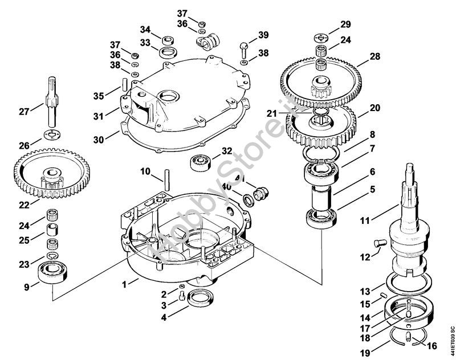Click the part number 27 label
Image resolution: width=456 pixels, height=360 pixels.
click(x=23, y=112)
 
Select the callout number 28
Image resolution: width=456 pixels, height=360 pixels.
click(x=374, y=56)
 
